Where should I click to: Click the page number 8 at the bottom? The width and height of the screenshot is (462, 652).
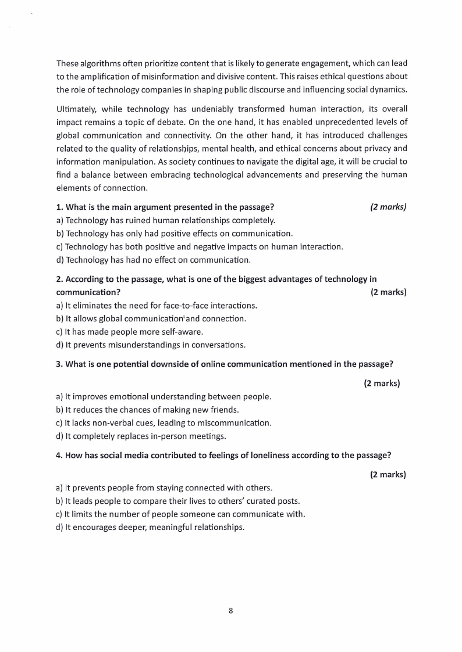[231, 611]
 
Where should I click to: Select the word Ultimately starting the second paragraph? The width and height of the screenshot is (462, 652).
[76, 109]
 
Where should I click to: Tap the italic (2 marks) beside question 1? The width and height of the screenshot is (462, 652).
[388, 207]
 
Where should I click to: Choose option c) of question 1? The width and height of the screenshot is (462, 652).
[200, 247]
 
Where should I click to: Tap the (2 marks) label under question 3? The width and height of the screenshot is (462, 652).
[382, 384]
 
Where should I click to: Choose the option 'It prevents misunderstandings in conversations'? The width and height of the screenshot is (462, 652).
[151, 345]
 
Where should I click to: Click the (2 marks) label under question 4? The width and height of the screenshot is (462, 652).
[388, 475]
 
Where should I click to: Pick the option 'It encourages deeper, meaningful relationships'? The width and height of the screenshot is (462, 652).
[150, 528]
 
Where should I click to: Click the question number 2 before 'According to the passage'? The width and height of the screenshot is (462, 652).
[59, 280]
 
